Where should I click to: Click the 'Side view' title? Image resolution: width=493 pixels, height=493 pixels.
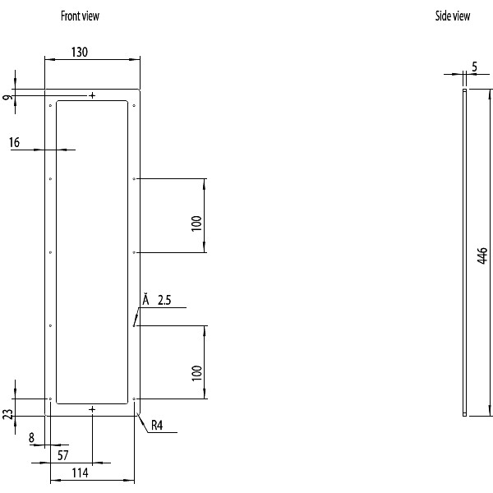tap(452, 16)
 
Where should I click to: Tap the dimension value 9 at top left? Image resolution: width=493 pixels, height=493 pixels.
tap(8, 98)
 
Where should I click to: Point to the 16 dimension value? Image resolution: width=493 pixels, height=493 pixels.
tap(15, 143)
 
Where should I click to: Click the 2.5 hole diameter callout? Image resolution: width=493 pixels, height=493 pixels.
tap(164, 301)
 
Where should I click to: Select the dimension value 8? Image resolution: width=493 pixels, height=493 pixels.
tap(31, 438)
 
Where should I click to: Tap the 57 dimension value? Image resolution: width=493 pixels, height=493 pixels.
tap(63, 454)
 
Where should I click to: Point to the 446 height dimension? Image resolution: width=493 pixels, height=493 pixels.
tap(482, 256)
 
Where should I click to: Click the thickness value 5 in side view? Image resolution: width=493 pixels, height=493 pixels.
tap(475, 67)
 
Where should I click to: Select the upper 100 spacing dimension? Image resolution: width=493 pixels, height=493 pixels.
tap(196, 223)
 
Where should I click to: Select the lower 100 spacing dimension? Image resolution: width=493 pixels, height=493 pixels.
tap(196, 372)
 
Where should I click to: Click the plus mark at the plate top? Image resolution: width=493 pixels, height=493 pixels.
tap(92, 95)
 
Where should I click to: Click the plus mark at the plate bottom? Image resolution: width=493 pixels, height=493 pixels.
tap(92, 408)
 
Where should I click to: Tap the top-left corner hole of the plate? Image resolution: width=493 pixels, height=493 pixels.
tap(51, 105)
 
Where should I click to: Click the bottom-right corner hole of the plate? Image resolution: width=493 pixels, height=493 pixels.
tap(134, 399)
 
